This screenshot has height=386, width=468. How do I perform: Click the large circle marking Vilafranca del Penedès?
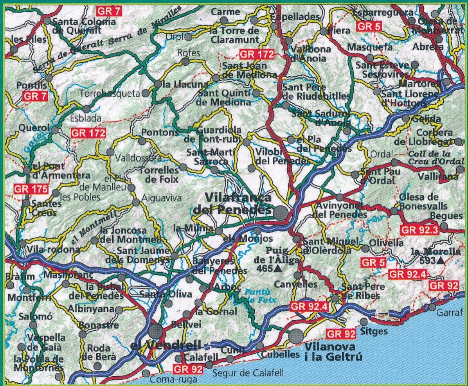281,213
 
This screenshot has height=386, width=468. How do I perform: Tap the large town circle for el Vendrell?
155,330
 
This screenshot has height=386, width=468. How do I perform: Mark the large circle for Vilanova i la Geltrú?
296,336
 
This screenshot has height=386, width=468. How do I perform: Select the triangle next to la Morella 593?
441,260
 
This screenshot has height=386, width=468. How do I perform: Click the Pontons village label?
160,132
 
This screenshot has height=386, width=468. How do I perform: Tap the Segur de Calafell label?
248,373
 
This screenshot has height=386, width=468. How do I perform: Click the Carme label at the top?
225,12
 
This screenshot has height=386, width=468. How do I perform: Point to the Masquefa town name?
370,47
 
